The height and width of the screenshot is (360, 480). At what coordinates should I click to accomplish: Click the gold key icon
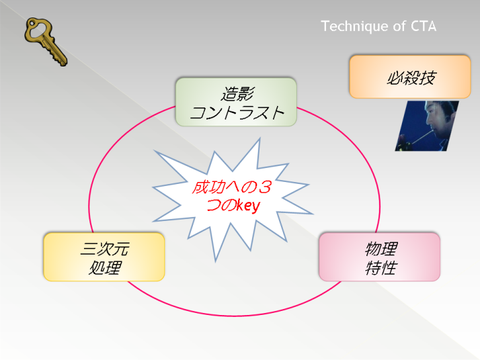pos(46,41)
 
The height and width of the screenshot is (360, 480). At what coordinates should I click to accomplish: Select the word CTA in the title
pos(424,26)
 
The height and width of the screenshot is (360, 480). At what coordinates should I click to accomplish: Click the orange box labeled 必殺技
pos(410,77)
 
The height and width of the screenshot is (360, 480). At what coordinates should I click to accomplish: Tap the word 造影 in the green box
pos(237,93)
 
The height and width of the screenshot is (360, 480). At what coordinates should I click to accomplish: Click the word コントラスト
pos(237,112)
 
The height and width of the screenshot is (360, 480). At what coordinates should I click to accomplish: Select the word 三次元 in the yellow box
pos(105,249)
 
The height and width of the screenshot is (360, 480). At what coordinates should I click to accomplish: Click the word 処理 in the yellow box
pos(105,267)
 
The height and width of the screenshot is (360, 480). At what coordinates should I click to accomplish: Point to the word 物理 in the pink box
pos(381,249)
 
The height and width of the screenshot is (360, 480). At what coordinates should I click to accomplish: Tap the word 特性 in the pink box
pos(381,267)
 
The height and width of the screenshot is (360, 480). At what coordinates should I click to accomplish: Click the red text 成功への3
pos(232,187)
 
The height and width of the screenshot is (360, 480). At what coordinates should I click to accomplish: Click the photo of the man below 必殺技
pos(427,126)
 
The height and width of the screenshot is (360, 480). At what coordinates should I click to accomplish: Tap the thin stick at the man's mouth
pos(421,137)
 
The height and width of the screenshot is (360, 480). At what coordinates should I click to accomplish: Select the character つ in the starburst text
pos(213,206)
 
